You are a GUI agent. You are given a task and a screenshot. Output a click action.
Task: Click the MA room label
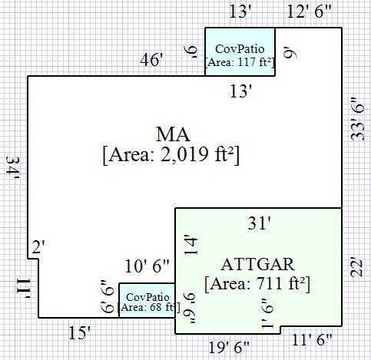point(173,134)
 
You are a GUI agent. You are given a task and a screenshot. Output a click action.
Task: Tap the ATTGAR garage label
point(258,264)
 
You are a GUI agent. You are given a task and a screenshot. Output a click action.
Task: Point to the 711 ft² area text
point(257,284)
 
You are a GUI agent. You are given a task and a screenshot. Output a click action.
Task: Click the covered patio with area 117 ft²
point(240,51)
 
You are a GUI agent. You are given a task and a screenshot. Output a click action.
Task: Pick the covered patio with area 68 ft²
point(147,300)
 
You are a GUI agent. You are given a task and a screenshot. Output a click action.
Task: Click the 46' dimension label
point(151,61)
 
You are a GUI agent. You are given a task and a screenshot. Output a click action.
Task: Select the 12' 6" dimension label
point(310,12)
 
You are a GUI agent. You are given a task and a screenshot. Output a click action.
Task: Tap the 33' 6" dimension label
point(357,119)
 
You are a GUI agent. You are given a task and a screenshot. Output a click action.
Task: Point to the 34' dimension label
point(13,167)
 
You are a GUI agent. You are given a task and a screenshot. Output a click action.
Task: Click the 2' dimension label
point(38,247)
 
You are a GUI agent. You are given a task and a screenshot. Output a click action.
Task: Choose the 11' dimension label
point(24,289)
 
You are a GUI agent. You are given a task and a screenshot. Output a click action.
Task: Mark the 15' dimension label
point(79,333)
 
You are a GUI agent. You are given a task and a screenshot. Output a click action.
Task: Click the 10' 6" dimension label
point(147,266)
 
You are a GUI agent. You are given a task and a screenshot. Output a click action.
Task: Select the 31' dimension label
point(259,223)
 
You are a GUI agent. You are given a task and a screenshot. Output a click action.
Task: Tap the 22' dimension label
point(357,269)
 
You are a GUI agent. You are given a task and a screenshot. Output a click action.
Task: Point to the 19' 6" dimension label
point(229,347)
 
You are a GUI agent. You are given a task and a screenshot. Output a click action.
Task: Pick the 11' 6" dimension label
point(312,340)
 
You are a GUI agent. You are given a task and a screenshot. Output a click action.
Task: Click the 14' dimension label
point(191,246)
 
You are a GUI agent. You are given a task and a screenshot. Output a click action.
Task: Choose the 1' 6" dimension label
point(267,314)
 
